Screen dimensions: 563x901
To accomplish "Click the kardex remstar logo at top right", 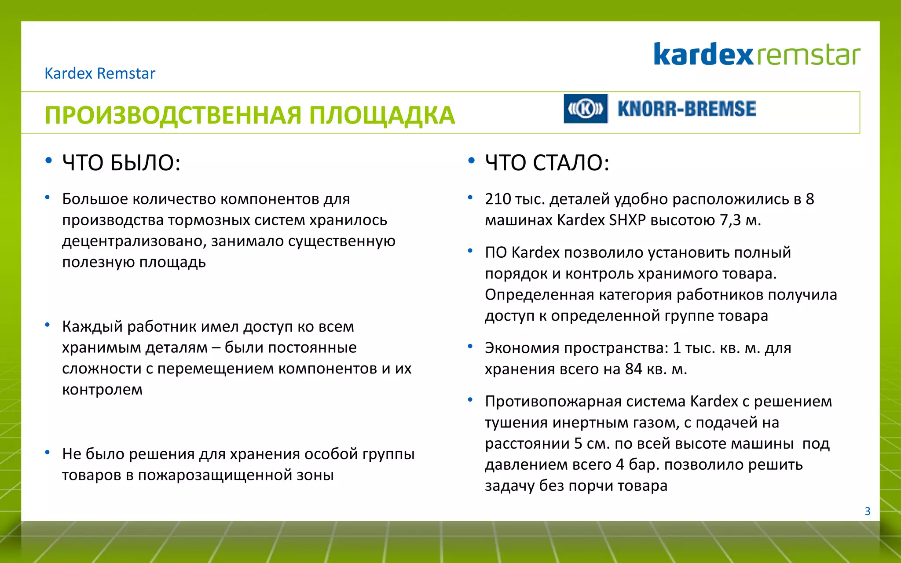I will [756, 55].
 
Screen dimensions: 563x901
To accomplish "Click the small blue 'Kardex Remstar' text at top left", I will [100, 73].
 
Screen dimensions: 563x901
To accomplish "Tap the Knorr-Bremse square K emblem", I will [586, 109].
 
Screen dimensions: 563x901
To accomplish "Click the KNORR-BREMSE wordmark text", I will [686, 109].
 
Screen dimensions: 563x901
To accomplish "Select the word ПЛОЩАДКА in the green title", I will [381, 115].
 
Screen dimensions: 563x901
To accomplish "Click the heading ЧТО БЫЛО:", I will [121, 163].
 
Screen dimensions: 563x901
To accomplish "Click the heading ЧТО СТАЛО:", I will [547, 163].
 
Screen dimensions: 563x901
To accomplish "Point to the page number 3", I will [867, 511].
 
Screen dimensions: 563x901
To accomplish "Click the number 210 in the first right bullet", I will [497, 199].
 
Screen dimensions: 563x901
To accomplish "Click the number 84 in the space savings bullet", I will [634, 369].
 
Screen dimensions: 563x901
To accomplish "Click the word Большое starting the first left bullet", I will [95, 199].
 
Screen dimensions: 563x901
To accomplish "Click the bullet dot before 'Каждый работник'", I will [47, 325].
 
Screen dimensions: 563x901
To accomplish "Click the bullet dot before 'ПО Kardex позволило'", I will [470, 251].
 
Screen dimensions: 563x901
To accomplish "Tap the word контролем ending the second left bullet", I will [102, 390].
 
